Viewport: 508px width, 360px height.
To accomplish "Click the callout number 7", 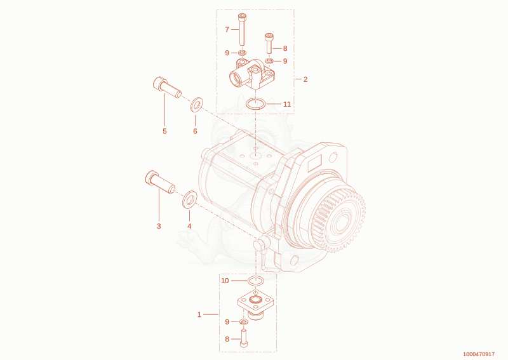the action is pyautogui.click(x=227, y=29).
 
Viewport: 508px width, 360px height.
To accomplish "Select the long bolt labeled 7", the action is pyautogui.click(x=241, y=29).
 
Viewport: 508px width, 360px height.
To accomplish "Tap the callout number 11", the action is pyautogui.click(x=287, y=104).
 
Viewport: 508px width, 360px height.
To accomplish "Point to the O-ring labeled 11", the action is pyautogui.click(x=256, y=104).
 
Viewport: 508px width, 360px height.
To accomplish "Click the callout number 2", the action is pyautogui.click(x=305, y=79).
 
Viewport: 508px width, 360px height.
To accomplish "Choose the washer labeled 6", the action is pyautogui.click(x=196, y=104).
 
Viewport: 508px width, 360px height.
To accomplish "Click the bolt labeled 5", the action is pyautogui.click(x=167, y=87).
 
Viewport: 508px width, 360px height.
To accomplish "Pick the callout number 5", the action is pyautogui.click(x=164, y=131).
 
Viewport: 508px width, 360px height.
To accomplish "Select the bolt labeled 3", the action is pyautogui.click(x=160, y=182).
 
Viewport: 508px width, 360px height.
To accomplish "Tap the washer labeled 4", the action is pyautogui.click(x=189, y=199).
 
